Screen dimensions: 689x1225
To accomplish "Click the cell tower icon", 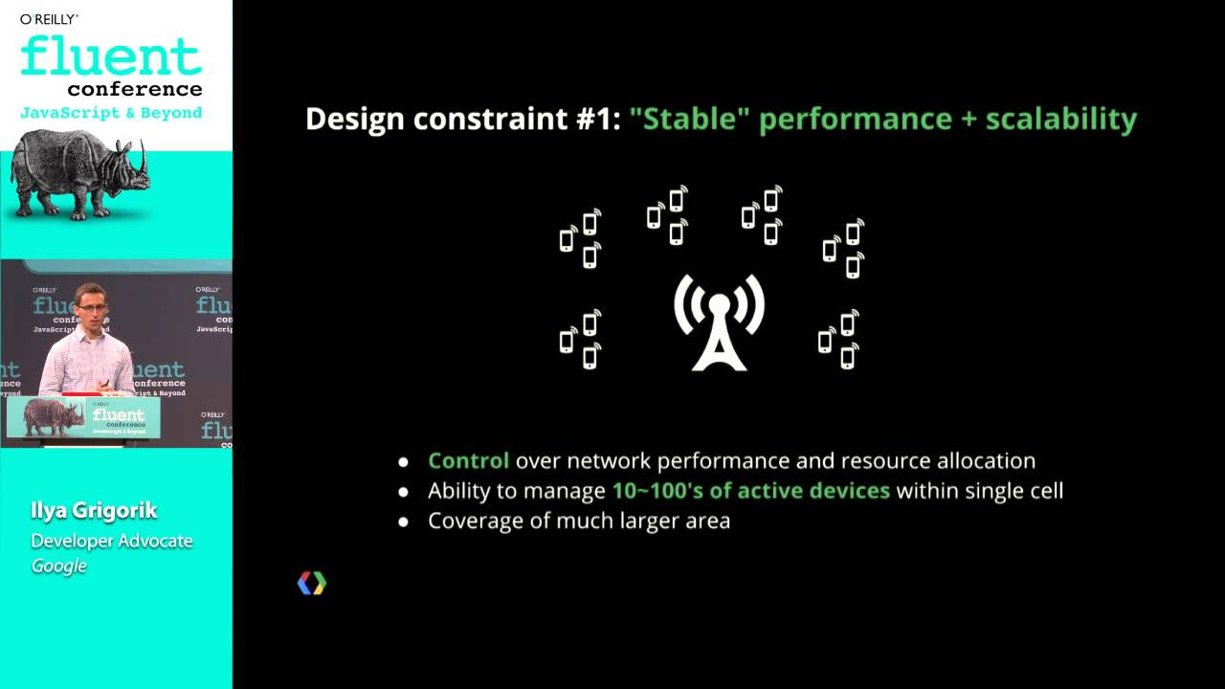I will [719, 322].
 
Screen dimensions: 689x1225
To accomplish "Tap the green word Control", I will [468, 461].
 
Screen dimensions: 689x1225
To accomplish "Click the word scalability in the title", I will [1060, 119].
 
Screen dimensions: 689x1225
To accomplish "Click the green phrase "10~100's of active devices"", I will [750, 491].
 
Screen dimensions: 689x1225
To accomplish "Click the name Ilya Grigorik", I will [94, 511].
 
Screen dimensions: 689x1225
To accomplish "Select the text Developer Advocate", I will [112, 541].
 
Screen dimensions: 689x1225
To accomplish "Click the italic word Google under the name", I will [59, 566].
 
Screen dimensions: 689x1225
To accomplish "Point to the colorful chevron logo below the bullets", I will [311, 583].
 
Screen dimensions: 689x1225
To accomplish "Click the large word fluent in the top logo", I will [111, 56].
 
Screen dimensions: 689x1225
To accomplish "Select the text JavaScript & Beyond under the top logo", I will [111, 113].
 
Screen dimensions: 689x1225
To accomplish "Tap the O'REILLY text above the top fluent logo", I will [50, 18].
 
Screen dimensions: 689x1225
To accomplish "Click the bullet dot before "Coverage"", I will [403, 522].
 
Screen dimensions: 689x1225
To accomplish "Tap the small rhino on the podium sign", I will [54, 416].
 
